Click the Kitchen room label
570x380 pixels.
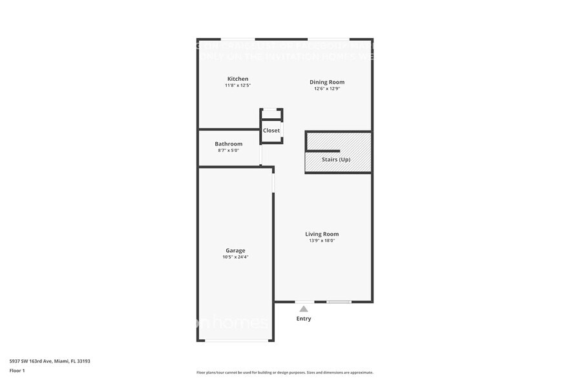[x=237, y=79]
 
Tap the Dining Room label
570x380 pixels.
[x=326, y=82]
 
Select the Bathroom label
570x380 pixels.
[x=228, y=144]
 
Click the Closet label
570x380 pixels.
[x=271, y=131]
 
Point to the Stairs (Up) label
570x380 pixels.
[x=336, y=159]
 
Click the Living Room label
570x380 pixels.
[x=322, y=234]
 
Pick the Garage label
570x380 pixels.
[x=235, y=251]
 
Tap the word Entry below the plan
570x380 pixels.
[x=303, y=319]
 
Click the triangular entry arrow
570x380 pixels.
[x=303, y=309]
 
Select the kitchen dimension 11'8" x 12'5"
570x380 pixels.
[x=237, y=85]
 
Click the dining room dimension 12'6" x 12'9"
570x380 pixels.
[x=326, y=89]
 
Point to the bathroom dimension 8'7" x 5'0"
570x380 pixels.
[x=228, y=151]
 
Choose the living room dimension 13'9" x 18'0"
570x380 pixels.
[x=322, y=240]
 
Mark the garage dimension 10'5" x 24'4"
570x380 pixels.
[x=235, y=257]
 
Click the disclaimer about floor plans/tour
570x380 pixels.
[x=284, y=372]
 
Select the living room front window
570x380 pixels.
[x=339, y=302]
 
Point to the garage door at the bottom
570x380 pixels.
[x=235, y=340]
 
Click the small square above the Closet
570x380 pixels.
[x=271, y=114]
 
